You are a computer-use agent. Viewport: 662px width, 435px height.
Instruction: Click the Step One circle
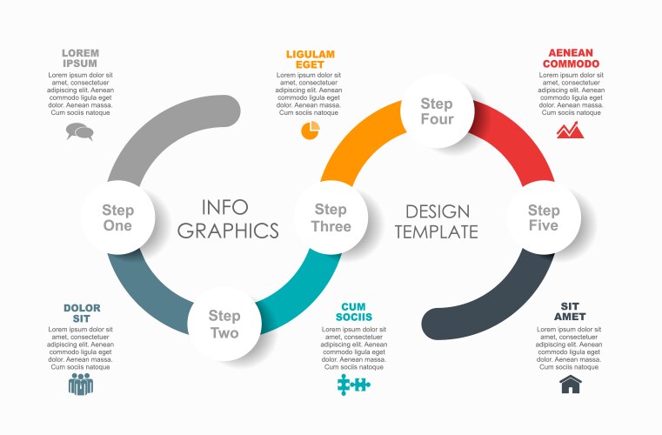click(117, 217)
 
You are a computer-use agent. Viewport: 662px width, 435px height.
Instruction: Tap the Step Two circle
click(224, 324)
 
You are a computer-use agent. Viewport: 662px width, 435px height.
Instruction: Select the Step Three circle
click(331, 217)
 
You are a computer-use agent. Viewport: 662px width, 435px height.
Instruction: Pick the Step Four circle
click(437, 111)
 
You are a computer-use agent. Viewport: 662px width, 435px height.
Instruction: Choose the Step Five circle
click(544, 217)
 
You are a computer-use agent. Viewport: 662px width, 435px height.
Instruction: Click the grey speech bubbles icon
click(79, 131)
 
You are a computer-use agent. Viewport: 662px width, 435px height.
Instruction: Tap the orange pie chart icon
click(311, 130)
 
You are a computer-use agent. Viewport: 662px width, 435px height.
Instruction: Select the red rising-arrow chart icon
click(570, 130)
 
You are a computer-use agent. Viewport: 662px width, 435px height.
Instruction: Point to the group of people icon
click(81, 385)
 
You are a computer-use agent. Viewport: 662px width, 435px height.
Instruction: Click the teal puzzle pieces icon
click(354, 385)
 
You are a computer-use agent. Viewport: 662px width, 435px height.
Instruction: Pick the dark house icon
click(571, 385)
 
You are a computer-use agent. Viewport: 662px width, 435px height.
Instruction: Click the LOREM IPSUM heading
click(80, 58)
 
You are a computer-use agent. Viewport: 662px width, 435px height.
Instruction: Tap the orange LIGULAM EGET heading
click(311, 59)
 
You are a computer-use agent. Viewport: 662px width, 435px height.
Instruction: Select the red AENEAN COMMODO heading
click(571, 58)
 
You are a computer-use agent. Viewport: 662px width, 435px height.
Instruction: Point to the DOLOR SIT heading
click(82, 313)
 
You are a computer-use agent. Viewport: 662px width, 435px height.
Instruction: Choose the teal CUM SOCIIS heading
click(354, 312)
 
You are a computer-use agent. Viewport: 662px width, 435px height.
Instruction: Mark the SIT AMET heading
click(570, 311)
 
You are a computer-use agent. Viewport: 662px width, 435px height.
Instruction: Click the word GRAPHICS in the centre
click(228, 231)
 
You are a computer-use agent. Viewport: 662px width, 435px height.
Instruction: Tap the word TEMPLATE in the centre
click(437, 232)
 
